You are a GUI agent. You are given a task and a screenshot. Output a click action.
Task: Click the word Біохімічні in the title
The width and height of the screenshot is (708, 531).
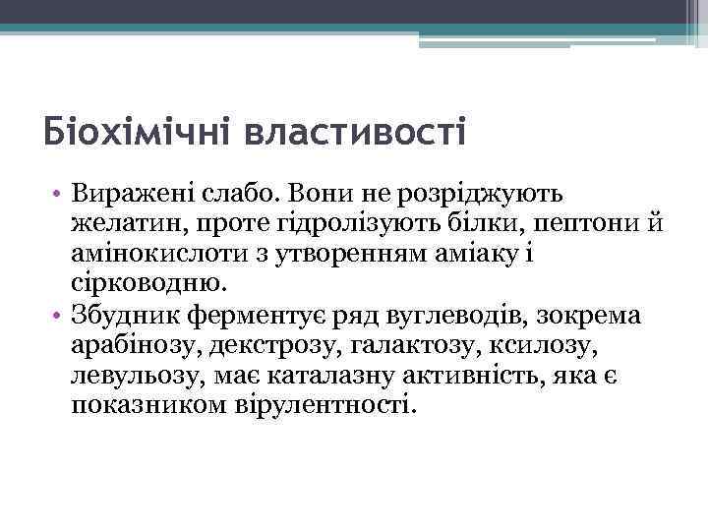point(137,131)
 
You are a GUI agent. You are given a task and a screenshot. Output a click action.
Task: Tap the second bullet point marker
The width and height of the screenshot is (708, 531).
point(59,316)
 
